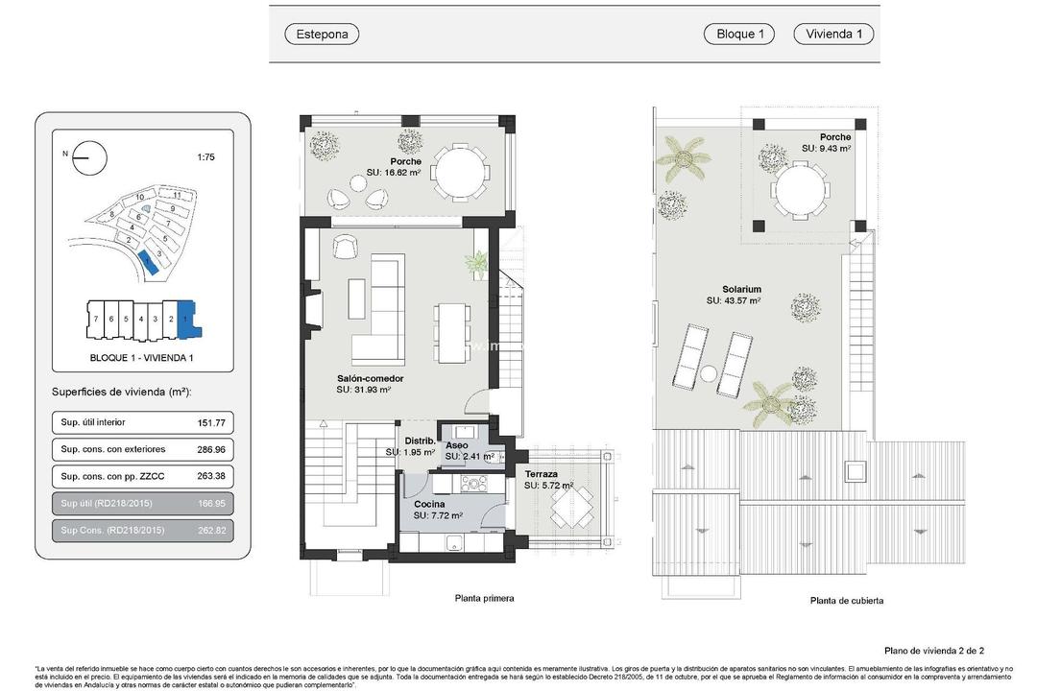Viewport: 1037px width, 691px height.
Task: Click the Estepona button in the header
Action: click(x=322, y=35)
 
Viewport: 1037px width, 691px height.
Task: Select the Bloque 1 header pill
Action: click(x=739, y=35)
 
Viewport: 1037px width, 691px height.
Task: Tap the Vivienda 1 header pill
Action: click(x=832, y=35)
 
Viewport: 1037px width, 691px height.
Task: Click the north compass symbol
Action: click(x=89, y=157)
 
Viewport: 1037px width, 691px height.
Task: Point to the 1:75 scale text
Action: click(x=205, y=157)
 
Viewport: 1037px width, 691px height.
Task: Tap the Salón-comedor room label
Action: click(x=370, y=379)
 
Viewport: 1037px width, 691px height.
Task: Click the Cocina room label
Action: click(x=429, y=504)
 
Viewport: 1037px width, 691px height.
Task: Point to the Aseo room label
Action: click(x=457, y=446)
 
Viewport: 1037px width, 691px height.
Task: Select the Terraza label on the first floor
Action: click(x=542, y=474)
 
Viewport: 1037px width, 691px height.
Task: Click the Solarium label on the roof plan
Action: click(x=741, y=289)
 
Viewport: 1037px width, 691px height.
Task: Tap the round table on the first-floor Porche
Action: click(x=458, y=173)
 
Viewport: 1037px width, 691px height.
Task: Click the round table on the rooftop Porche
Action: click(x=800, y=190)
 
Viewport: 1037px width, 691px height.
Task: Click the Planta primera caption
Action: click(x=484, y=598)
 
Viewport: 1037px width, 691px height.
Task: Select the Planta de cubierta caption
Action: click(x=846, y=601)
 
